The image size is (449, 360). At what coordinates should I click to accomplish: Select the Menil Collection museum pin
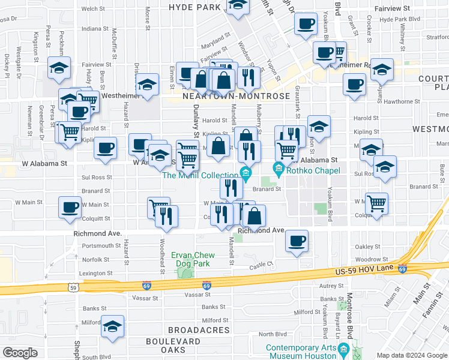coord(245,174)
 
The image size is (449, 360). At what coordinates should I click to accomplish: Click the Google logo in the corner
coord(20,353)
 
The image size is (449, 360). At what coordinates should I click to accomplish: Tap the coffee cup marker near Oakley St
coord(297,241)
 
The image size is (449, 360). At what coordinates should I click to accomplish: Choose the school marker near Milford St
coord(112,326)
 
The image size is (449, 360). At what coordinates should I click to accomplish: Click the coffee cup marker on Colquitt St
coord(70,208)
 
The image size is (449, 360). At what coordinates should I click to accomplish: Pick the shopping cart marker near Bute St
coord(376,204)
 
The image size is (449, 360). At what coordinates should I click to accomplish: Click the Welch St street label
coord(93,9)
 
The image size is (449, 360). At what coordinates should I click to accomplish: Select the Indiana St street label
coord(95,28)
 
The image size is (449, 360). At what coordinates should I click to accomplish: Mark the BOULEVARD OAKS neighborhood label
coord(173,346)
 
